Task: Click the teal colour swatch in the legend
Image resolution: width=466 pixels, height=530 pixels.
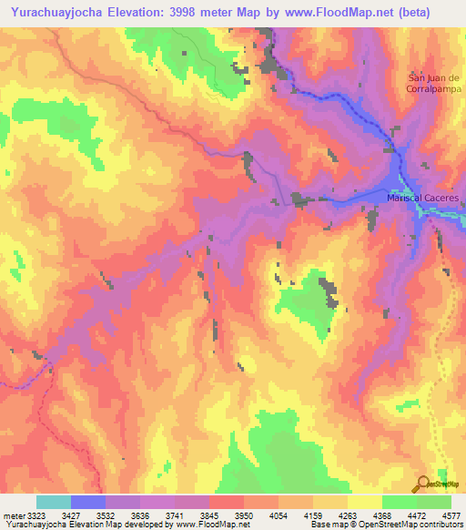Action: coord(54,502)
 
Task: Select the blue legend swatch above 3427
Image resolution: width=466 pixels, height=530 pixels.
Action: coord(88,502)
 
